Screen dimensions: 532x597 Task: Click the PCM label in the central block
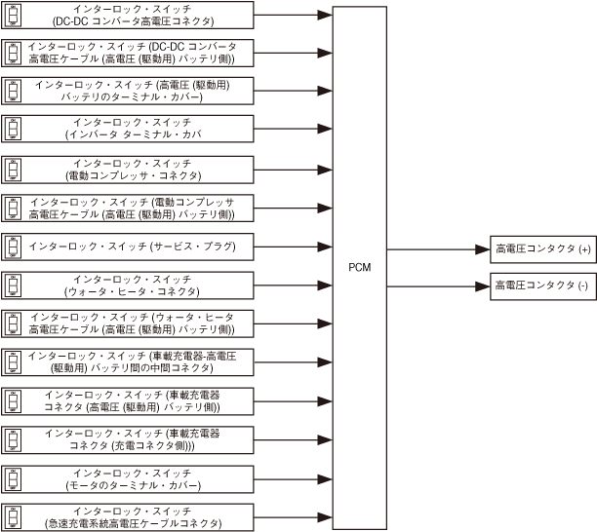[359, 267]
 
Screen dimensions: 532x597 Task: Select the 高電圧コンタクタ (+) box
[542, 250]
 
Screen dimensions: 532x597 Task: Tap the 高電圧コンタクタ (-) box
[542, 286]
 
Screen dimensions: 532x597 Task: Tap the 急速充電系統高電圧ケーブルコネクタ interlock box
[130, 516]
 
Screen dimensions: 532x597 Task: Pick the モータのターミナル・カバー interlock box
[130, 479]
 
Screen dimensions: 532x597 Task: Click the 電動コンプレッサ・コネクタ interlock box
[130, 169]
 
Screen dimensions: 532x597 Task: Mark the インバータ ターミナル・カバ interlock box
[130, 129]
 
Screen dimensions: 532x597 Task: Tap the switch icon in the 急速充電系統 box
[14, 516]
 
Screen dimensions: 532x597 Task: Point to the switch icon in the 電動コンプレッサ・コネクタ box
[14, 169]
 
